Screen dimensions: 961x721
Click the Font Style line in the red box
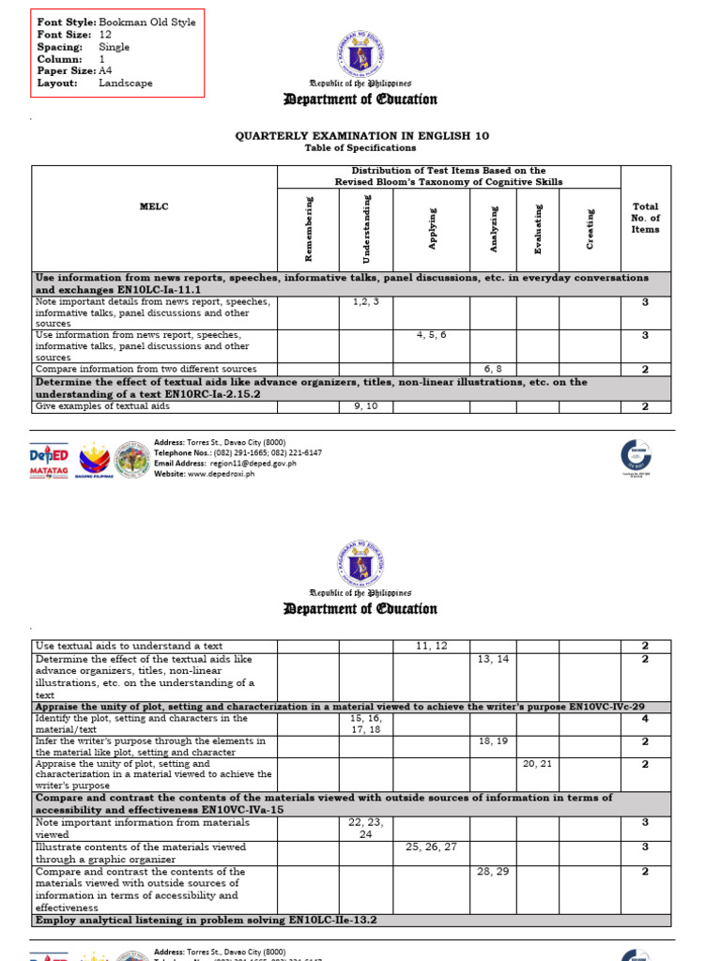115,22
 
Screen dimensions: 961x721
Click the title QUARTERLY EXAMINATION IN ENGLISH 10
361,136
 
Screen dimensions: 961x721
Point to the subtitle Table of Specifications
360,148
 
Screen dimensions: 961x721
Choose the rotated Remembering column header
309,227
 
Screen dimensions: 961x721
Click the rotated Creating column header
590,228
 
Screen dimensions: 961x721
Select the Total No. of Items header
645,218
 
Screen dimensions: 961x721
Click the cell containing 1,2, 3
365,301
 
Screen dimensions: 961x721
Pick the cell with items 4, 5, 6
431,335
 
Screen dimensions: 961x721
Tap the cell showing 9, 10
365,406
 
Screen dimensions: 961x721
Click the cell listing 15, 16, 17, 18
365,724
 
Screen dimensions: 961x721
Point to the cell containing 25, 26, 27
431,847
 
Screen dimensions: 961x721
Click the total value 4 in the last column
645,718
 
